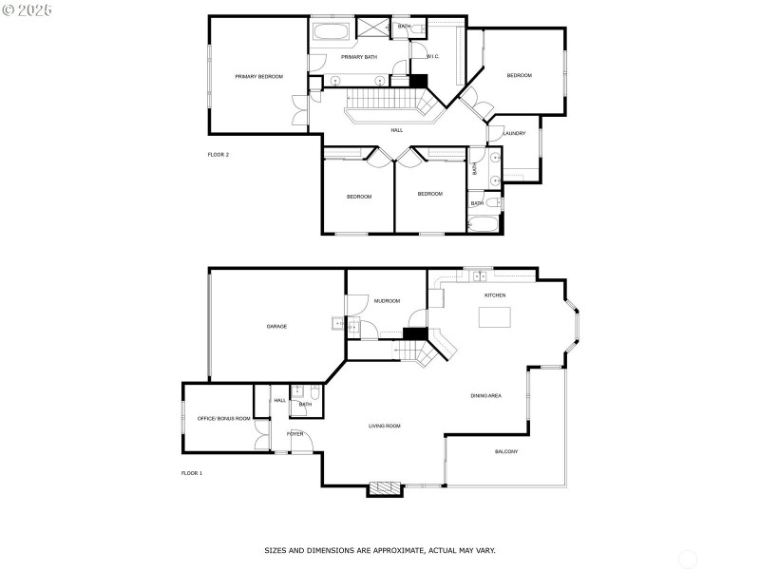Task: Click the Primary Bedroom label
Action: click(x=259, y=76)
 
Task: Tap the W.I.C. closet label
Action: click(x=432, y=57)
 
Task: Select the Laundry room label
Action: click(x=514, y=133)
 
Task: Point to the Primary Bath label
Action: click(x=359, y=57)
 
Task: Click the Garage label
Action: click(x=276, y=326)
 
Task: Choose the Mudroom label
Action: click(x=386, y=300)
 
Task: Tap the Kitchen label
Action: click(x=495, y=295)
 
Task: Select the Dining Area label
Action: click(x=485, y=395)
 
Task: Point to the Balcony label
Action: click(x=506, y=451)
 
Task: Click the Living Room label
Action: click(x=385, y=426)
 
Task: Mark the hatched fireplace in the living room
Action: click(x=385, y=488)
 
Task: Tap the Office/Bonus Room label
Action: click(x=223, y=418)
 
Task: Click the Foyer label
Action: click(x=295, y=433)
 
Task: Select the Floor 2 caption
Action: click(x=218, y=154)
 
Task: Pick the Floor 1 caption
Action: click(x=192, y=472)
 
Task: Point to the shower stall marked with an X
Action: click(x=370, y=27)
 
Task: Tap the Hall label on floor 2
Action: click(x=396, y=130)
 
